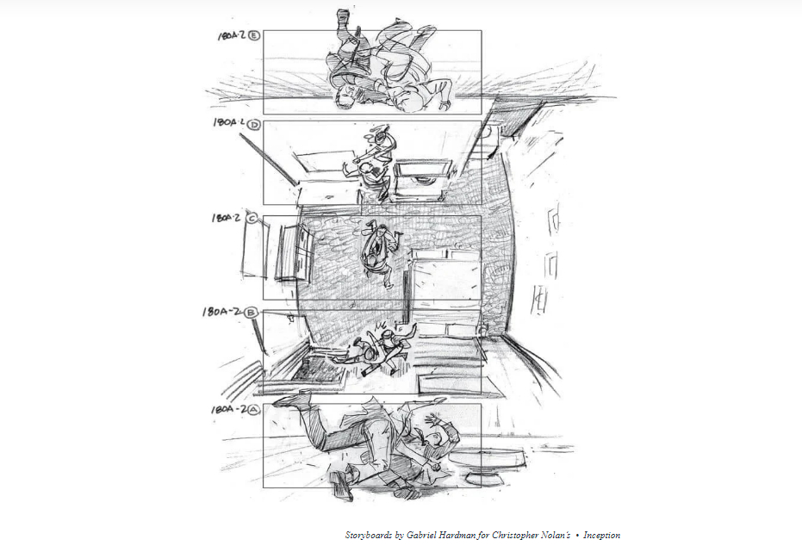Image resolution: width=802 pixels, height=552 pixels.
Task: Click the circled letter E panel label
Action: [253, 35]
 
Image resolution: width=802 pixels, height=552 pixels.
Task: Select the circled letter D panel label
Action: [253, 124]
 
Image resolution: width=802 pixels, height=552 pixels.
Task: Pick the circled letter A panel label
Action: [252, 410]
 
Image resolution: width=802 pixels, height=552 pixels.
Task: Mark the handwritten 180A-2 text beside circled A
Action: [227, 410]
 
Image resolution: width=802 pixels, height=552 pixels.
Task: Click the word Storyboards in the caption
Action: [369, 535]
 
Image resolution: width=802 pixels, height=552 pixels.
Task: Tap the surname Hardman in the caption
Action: [457, 535]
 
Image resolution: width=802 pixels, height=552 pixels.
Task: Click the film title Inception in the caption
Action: [601, 535]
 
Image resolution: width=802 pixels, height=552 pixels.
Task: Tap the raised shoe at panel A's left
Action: [293, 400]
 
